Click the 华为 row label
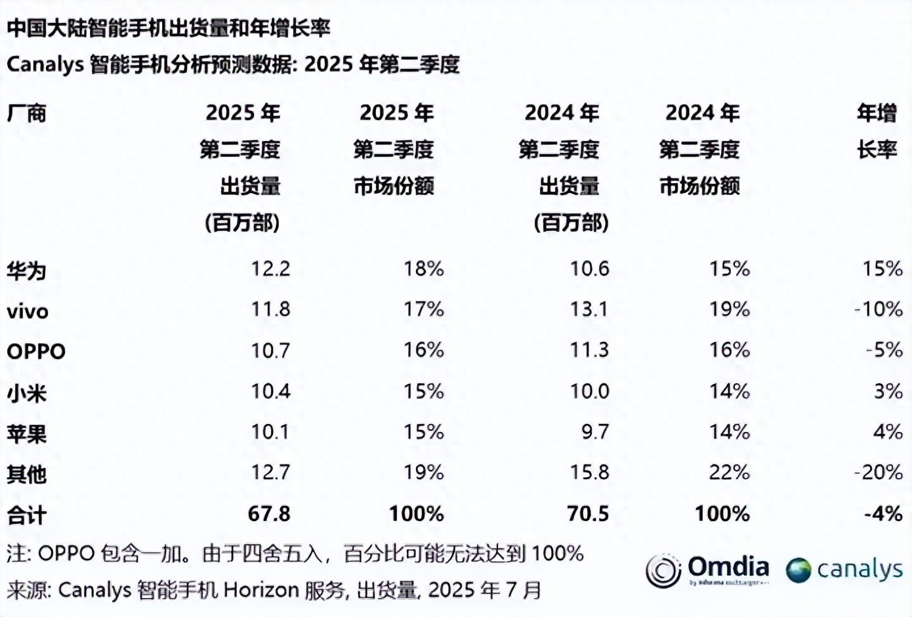pos(26,270)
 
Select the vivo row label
pos(28,310)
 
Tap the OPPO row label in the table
pos(36,351)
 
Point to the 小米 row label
pos(26,393)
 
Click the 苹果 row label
pos(26,433)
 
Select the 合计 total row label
pos(26,515)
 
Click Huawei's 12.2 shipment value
pos(270,268)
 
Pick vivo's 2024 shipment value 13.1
pos(589,309)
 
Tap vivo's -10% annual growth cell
pos(879,309)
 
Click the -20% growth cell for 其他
pos(879,472)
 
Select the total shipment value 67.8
pos(269,513)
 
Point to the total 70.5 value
pos(588,513)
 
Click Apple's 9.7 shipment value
pos(594,432)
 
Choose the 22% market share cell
pos(729,472)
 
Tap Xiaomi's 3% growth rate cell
pos(888,391)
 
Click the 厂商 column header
pos(26,114)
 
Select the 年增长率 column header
pos(877,131)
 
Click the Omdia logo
pos(707,570)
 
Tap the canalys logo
pos(844,570)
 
